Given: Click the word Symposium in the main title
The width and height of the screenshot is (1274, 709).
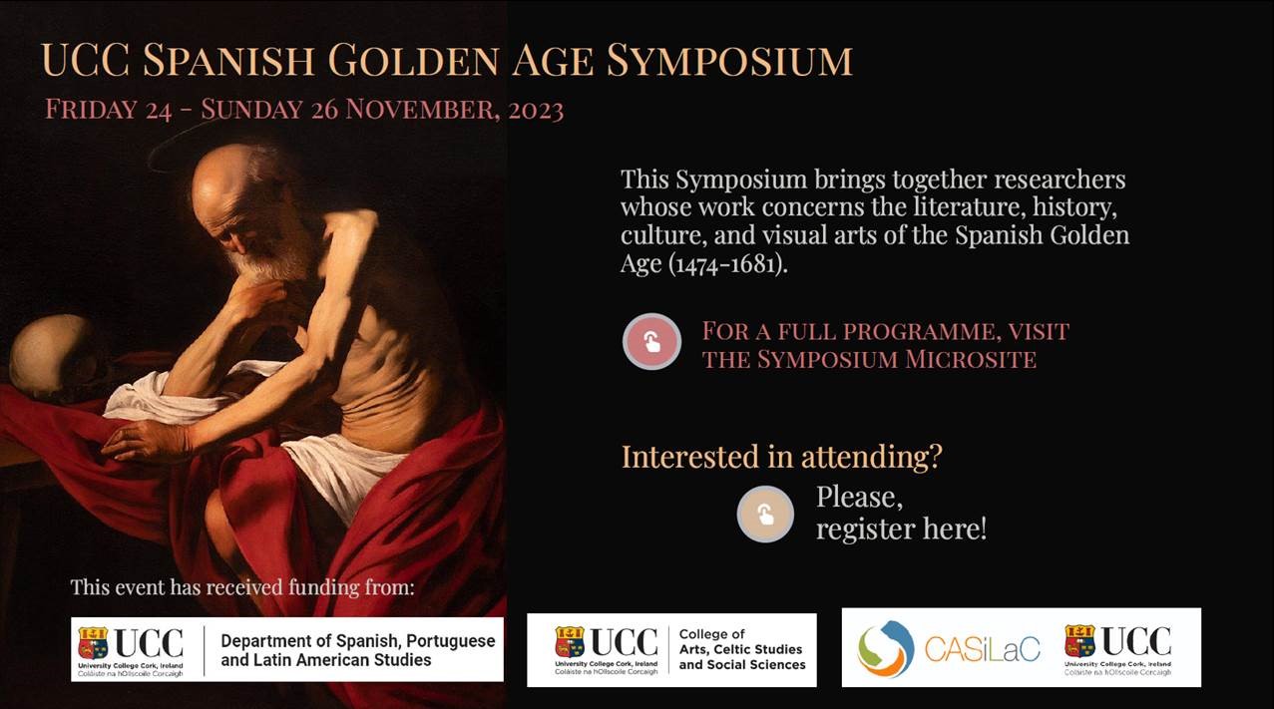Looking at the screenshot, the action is [x=729, y=60].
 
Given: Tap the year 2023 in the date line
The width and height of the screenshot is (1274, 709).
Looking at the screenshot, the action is [x=536, y=110].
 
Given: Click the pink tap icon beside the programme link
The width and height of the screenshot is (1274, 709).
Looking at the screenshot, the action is [x=651, y=342].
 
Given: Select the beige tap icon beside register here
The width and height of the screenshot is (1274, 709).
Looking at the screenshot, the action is [x=765, y=514].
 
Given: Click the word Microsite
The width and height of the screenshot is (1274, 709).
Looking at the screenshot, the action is [x=971, y=359].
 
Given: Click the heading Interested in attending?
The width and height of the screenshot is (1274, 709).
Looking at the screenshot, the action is [x=781, y=457].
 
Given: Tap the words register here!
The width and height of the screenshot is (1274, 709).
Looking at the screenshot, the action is [x=902, y=529].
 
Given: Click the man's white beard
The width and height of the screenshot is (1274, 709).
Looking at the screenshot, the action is [x=267, y=262].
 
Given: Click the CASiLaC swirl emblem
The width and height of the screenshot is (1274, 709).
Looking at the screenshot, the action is [x=886, y=649].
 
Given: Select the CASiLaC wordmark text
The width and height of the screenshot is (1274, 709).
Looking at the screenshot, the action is [x=983, y=649].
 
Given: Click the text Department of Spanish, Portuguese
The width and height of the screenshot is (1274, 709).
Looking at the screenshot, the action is [x=358, y=641].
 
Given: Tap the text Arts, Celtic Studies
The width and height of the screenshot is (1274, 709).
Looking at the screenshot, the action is [x=740, y=649].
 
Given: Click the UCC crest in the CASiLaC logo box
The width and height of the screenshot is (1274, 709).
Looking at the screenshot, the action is [x=1079, y=641].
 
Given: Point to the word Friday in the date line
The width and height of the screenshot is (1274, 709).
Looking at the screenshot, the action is [x=91, y=109].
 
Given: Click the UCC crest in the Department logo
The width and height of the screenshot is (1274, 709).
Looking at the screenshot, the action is [x=93, y=643].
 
